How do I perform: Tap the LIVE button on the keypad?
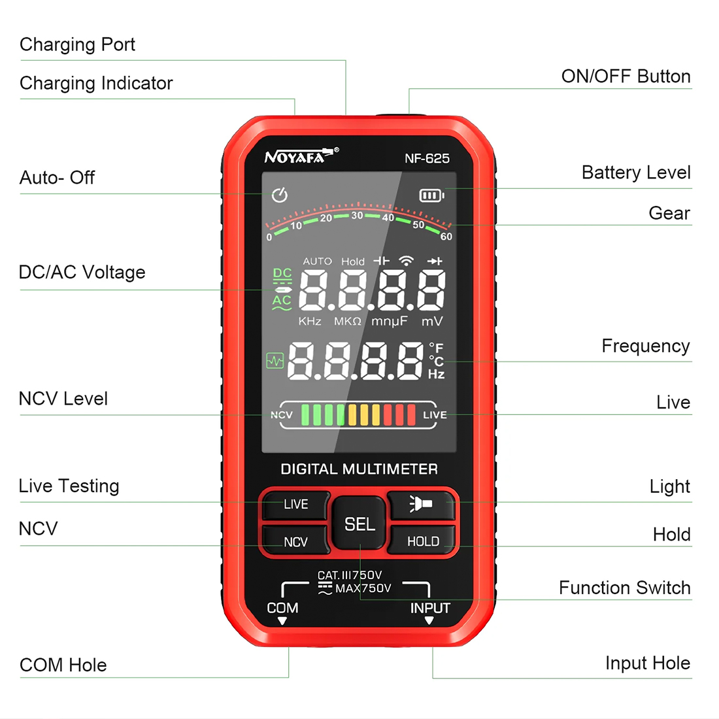(295, 505)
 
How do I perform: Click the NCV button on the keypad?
(295, 541)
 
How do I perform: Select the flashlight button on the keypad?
(422, 505)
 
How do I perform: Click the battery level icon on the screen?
(431, 196)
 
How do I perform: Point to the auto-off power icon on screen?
(280, 195)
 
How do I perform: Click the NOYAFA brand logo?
(301, 156)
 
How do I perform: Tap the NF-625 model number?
(427, 159)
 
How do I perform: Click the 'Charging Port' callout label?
(78, 44)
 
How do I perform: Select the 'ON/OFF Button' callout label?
(626, 76)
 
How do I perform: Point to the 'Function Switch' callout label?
(624, 588)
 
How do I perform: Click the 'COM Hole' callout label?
(63, 665)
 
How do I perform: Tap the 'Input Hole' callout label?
(648, 663)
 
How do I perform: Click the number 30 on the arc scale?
(357, 216)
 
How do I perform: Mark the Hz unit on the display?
(436, 374)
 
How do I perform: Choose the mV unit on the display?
(432, 321)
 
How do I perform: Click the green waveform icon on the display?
(275, 361)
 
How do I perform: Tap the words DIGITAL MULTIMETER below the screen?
(359, 469)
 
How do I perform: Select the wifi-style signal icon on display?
(407, 261)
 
